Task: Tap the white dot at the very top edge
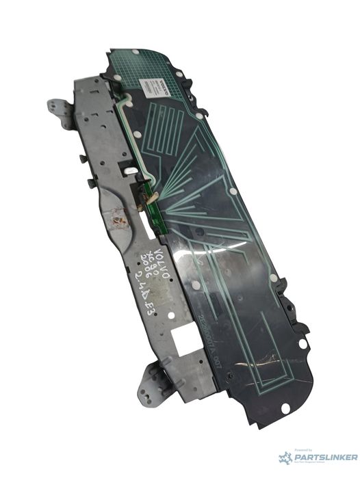coord(136,52)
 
